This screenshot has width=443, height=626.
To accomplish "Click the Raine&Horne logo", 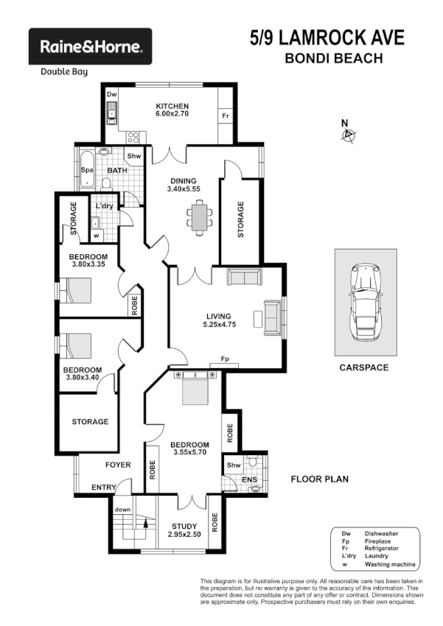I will click(x=90, y=47).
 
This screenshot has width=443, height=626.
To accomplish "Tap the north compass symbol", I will click(x=349, y=134).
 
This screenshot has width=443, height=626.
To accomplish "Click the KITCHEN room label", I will click(x=172, y=106).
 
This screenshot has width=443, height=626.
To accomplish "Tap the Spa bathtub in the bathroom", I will click(x=86, y=170).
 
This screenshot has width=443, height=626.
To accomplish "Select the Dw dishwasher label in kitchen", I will click(x=112, y=95).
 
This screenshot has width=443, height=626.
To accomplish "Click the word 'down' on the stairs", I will click(x=122, y=509).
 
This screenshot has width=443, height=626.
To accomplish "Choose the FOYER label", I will click(x=117, y=465).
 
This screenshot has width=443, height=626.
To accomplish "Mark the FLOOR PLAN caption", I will click(x=319, y=479).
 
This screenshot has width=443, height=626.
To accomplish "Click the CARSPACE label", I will click(x=365, y=367).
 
